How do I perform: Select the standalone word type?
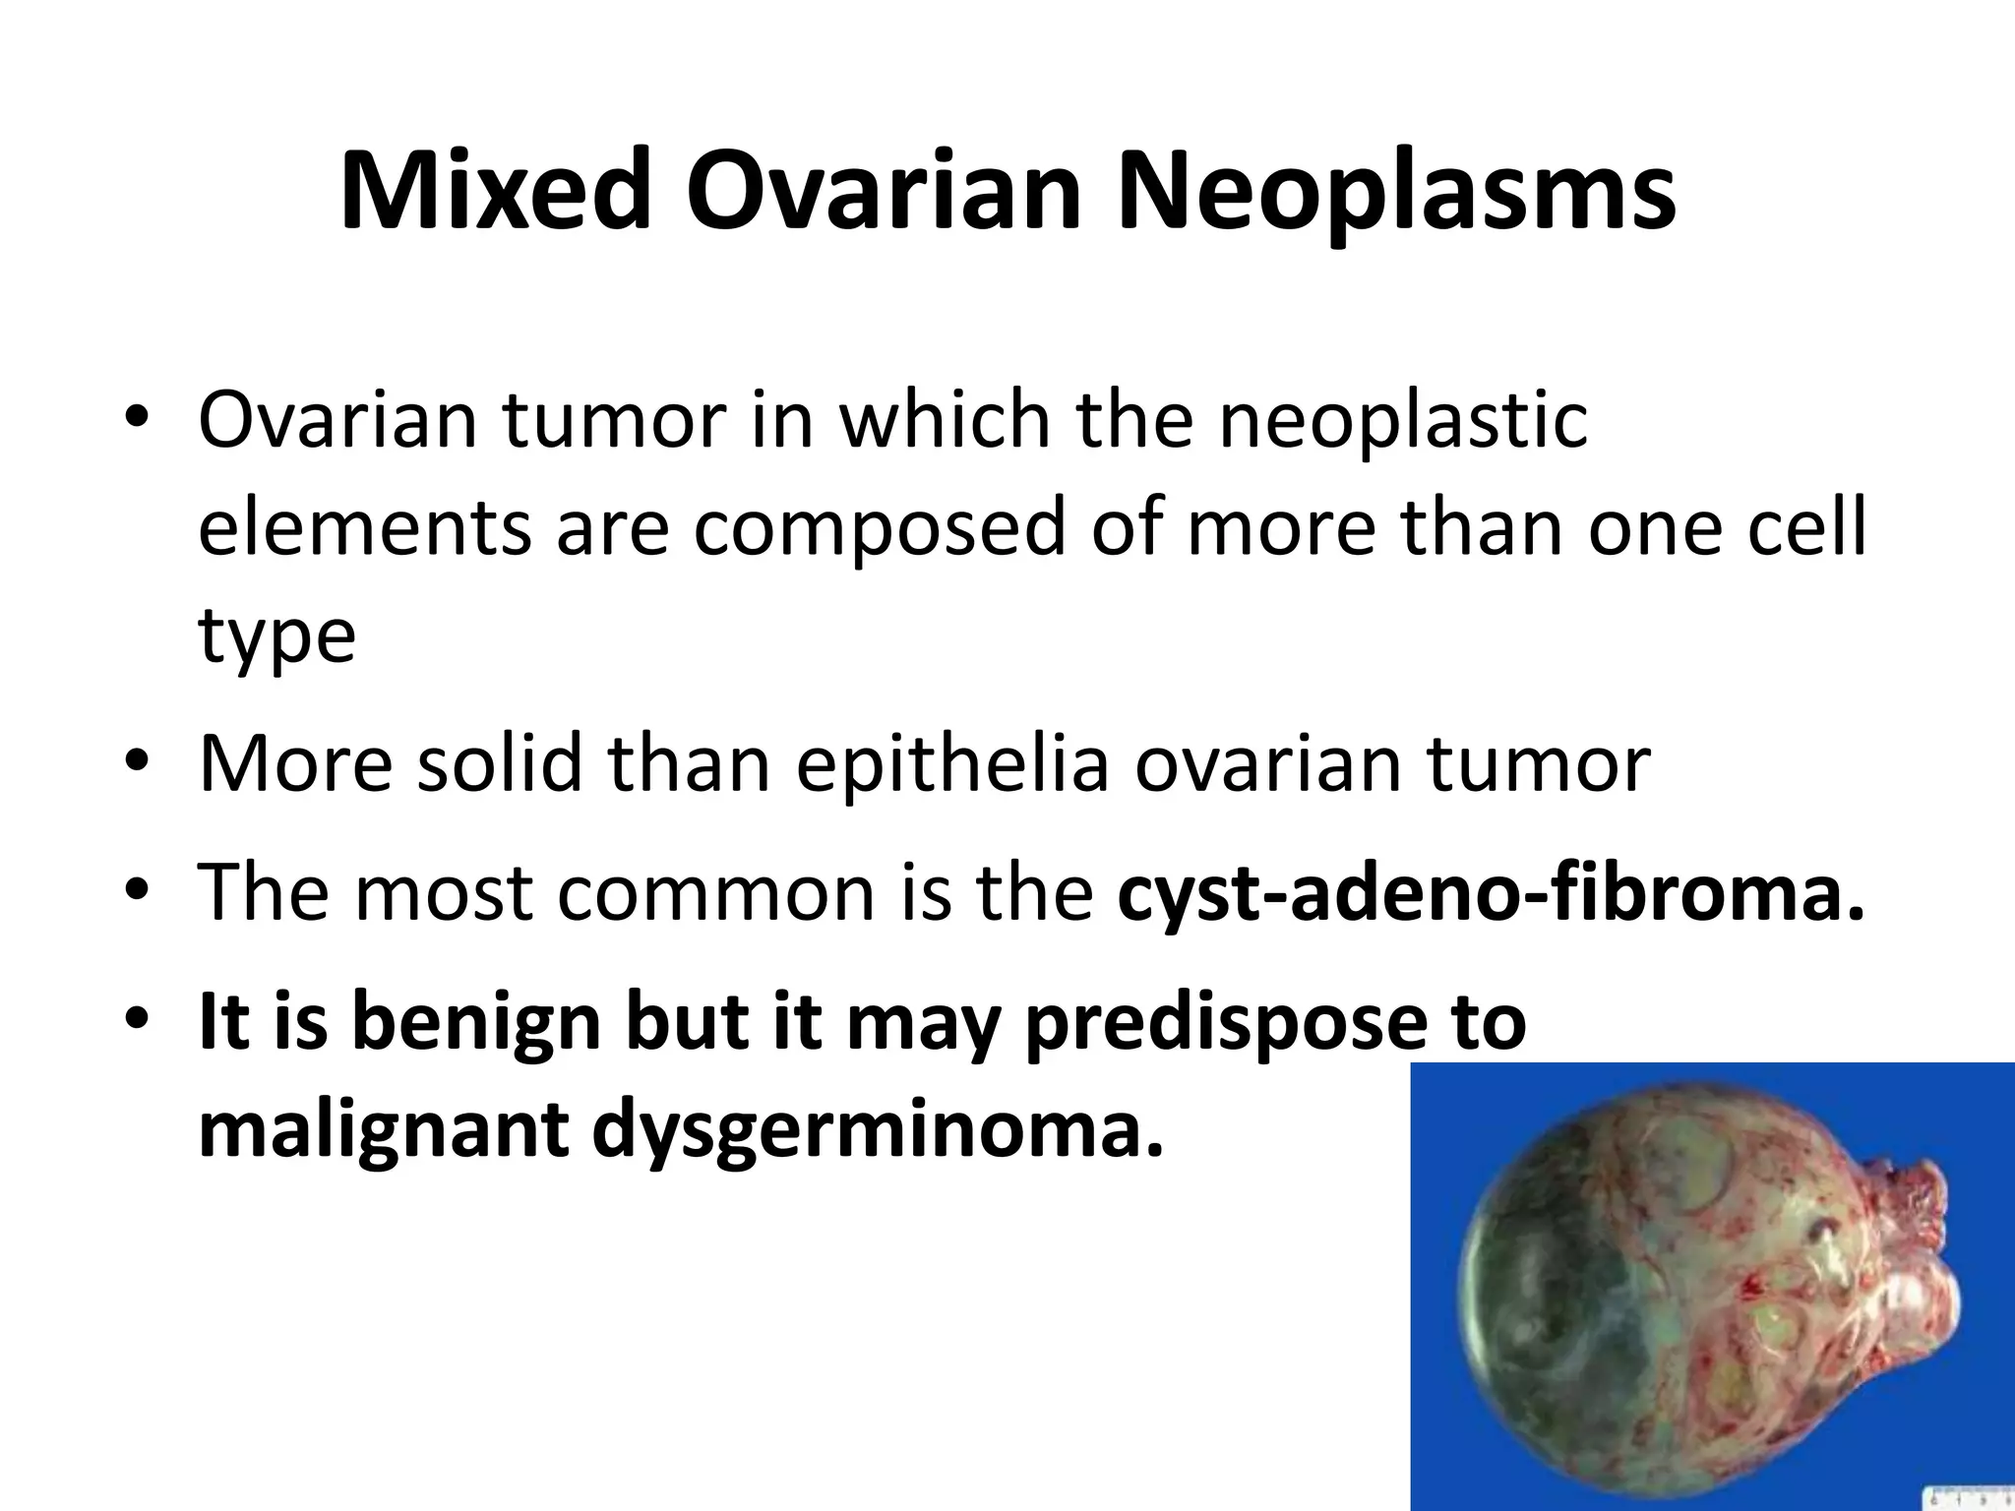click(x=276, y=636)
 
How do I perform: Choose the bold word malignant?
click(x=384, y=1131)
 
